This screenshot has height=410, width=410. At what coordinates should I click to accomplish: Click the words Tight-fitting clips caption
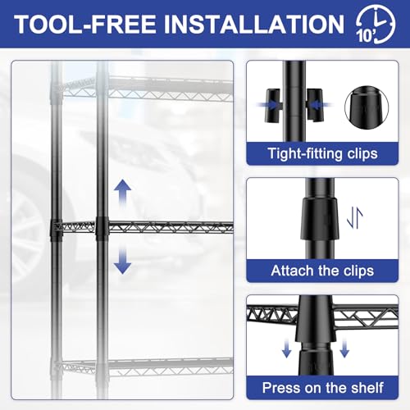tap(321, 153)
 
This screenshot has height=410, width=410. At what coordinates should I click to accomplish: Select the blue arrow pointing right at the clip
tap(276, 104)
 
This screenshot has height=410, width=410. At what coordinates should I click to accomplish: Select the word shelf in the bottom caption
tap(360, 386)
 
